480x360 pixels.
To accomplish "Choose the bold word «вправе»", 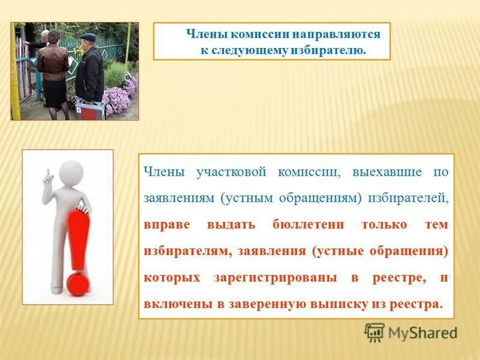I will pyautogui.click(x=167, y=224).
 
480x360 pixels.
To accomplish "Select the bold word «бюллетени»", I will pyautogui.click(x=308, y=224).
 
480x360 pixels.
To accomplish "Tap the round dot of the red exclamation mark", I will pyautogui.click(x=77, y=284).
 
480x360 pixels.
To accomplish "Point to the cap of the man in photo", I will pyautogui.click(x=88, y=37).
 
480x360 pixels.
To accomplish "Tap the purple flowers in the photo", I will pyautogui.click(x=120, y=96).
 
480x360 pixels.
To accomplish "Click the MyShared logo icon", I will pyautogui.click(x=374, y=332).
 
